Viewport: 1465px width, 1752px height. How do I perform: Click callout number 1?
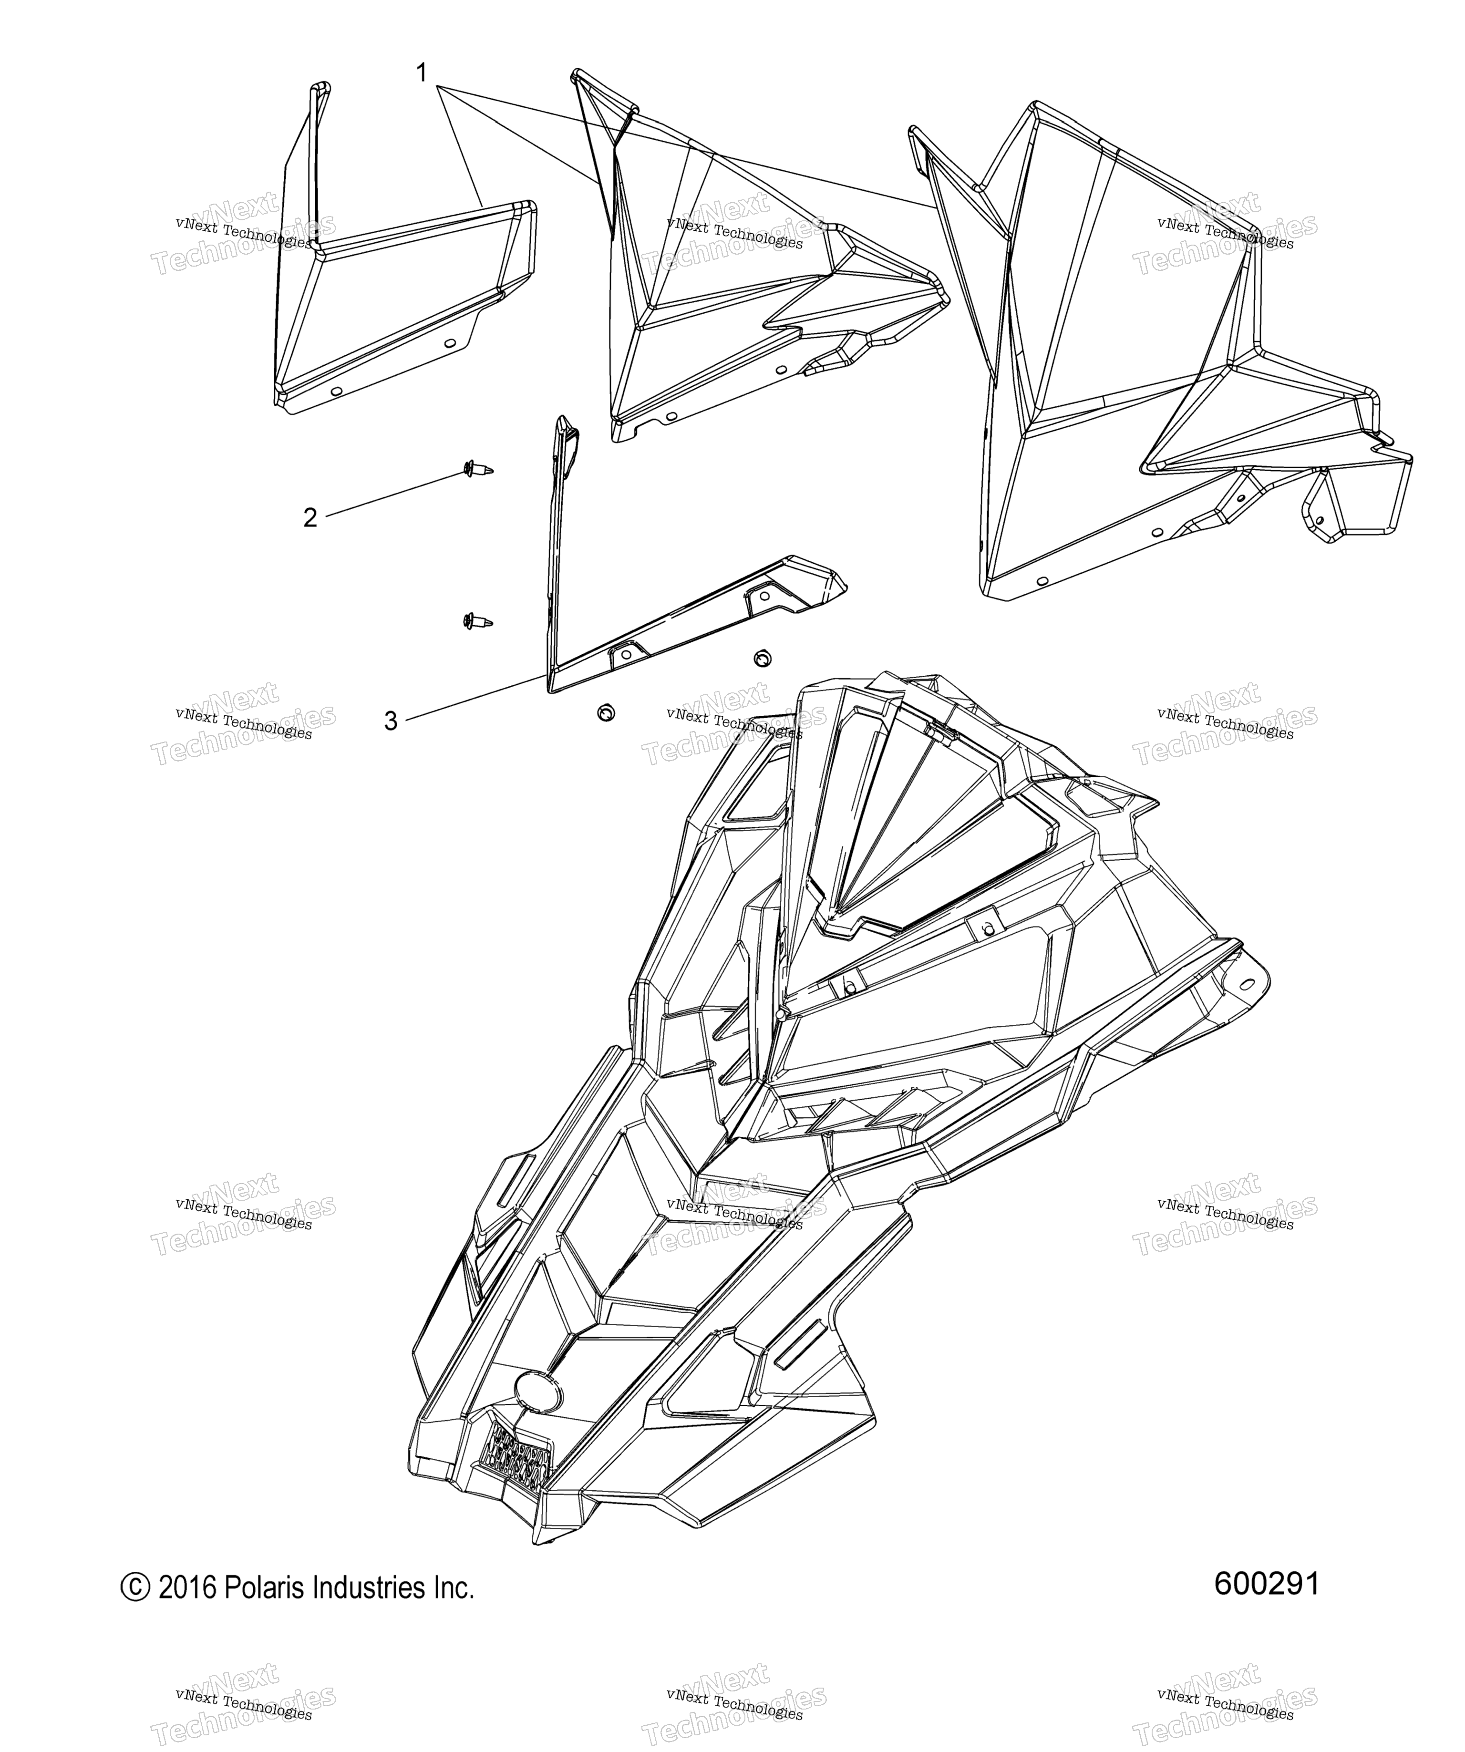pos(422,73)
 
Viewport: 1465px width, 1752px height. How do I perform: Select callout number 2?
pos(310,518)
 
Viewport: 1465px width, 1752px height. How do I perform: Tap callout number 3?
pos(391,721)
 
